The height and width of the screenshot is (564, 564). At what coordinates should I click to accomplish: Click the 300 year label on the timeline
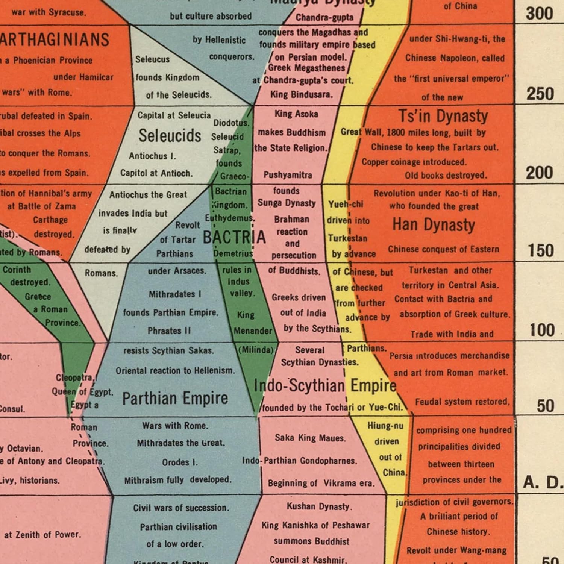point(539,14)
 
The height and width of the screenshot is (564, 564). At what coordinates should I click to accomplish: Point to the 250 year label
point(540,94)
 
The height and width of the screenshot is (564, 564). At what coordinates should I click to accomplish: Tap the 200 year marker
point(539,173)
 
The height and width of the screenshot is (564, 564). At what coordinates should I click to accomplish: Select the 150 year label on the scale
point(541,250)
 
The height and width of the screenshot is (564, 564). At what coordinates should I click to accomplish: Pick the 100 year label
point(541,330)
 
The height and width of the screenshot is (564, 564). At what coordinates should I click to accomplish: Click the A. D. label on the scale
point(543,482)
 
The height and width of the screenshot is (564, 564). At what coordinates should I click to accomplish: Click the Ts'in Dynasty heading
point(443,116)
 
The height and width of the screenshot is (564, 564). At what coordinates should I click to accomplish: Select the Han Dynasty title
point(434,225)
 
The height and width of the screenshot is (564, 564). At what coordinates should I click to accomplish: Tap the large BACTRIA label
point(234,237)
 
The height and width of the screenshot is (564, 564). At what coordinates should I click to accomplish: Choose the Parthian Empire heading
point(175,399)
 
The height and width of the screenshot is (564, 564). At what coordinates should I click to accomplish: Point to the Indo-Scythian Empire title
point(325,385)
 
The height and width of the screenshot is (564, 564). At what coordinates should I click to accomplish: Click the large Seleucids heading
point(170,135)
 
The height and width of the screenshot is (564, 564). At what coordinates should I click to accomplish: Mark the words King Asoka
point(296,114)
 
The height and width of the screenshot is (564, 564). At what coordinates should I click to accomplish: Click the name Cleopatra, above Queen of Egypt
point(74,378)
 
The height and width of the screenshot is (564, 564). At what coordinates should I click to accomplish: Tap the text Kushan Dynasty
point(319,506)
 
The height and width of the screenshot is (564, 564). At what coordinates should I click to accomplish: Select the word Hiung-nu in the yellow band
point(385,426)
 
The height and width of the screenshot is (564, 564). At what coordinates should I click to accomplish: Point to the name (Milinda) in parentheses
point(256,350)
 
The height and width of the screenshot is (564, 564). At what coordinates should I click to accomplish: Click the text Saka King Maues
point(310,438)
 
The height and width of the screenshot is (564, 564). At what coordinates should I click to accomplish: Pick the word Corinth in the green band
point(17,270)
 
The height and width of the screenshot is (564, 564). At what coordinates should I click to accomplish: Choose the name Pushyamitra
point(288,175)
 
